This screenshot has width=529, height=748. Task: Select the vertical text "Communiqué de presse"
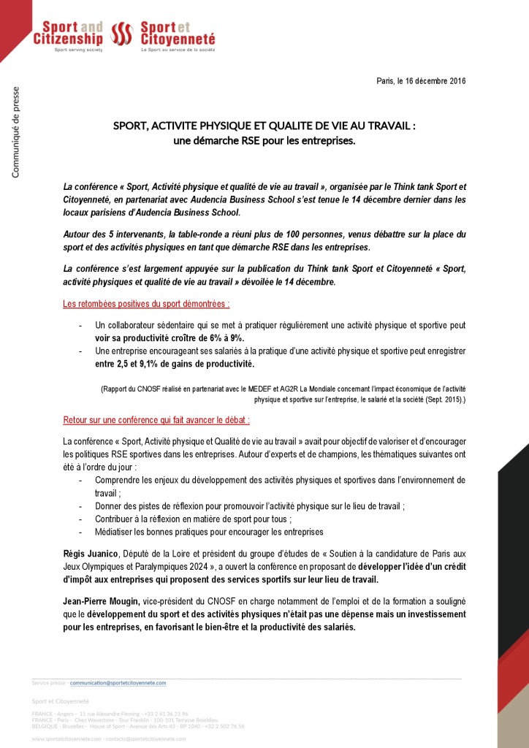(x=17, y=132)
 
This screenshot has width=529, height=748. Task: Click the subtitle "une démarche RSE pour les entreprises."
(x=264, y=140)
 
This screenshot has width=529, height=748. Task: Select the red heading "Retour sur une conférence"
(x=156, y=421)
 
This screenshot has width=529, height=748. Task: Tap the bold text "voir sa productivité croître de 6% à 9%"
(x=169, y=338)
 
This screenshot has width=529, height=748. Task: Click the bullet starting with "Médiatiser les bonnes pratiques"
(x=209, y=531)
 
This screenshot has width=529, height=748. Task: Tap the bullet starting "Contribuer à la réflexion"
(x=193, y=519)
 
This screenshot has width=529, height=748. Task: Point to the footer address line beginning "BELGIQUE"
(x=138, y=726)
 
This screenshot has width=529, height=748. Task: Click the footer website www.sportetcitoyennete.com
(x=66, y=739)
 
